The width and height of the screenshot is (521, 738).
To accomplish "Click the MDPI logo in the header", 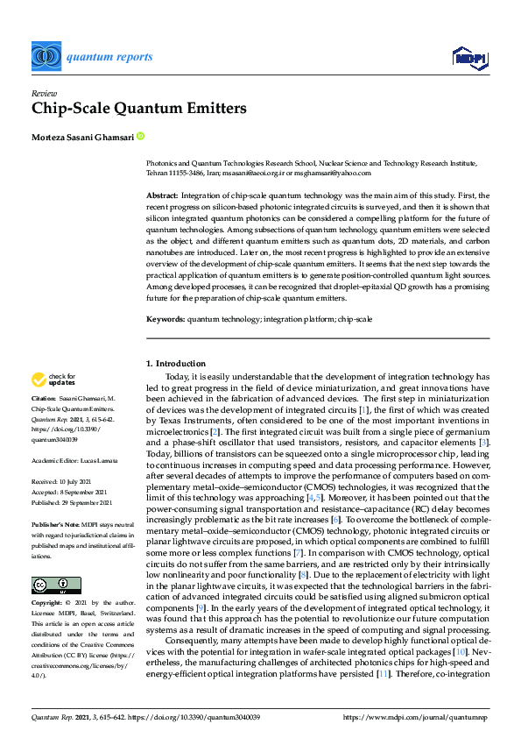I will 469,58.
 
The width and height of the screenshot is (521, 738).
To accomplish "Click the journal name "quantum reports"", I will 110,58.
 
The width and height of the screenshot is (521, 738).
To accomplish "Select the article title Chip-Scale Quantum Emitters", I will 139,109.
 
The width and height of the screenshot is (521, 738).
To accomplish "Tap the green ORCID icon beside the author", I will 140,137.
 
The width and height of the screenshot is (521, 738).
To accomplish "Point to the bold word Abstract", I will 161,195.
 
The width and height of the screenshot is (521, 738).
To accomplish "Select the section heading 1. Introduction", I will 175,364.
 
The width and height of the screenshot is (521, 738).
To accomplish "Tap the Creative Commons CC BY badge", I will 45,559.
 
